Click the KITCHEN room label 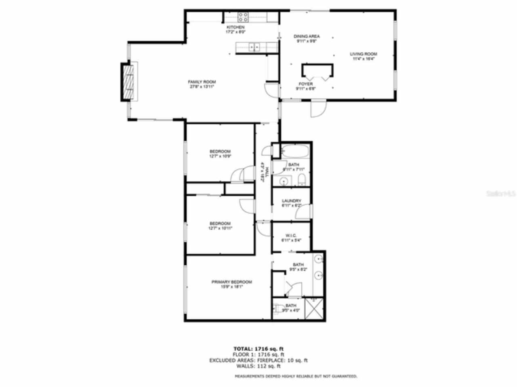coord(235,27)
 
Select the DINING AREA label coord(307,36)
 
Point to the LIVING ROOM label coord(364,54)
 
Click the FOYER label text coord(306,84)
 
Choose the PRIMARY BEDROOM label coord(231,282)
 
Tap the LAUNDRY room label coord(291,201)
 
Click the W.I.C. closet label coord(291,236)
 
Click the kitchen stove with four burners coord(243,17)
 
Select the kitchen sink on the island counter coord(254,47)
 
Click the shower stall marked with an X coord(314,308)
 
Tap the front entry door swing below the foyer coord(318,108)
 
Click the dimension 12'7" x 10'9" coord(220,156)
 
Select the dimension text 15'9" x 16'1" coord(231,287)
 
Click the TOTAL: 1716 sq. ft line coord(261,349)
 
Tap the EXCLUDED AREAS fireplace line coord(258,360)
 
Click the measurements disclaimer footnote coord(296,376)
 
